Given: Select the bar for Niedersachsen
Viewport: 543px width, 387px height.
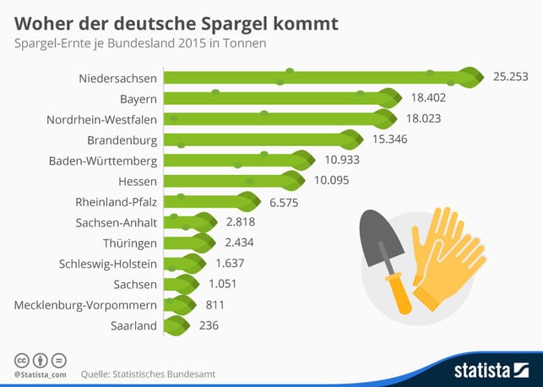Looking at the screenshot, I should point(321,78).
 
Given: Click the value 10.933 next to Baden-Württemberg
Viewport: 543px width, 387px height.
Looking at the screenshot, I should point(336,160).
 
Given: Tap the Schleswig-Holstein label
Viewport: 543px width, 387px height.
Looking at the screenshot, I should point(108,264).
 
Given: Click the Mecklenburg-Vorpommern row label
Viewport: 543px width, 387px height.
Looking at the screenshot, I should point(86,304).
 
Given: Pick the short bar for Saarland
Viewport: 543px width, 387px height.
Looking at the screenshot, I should point(176,325).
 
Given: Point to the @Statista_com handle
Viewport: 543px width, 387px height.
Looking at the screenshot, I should point(41,373).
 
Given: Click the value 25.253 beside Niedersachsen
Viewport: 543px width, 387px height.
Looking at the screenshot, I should point(510,77).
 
